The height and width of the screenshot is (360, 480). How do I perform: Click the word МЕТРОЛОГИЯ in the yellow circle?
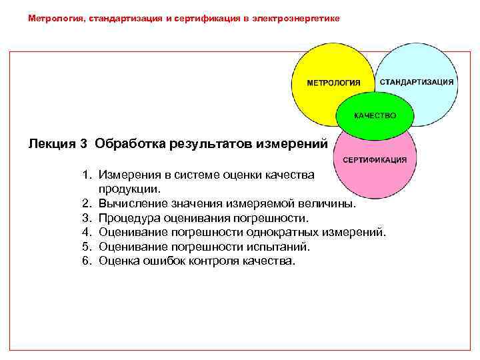(x=333, y=83)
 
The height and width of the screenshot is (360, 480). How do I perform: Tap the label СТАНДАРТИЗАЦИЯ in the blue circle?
(x=417, y=81)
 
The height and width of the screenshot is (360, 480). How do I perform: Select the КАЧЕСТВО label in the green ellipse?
(x=375, y=115)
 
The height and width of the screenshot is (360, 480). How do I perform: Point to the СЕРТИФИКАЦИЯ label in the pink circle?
(x=375, y=160)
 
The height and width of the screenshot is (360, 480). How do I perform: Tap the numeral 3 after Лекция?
(x=83, y=143)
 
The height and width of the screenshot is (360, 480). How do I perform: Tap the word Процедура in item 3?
(x=127, y=218)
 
